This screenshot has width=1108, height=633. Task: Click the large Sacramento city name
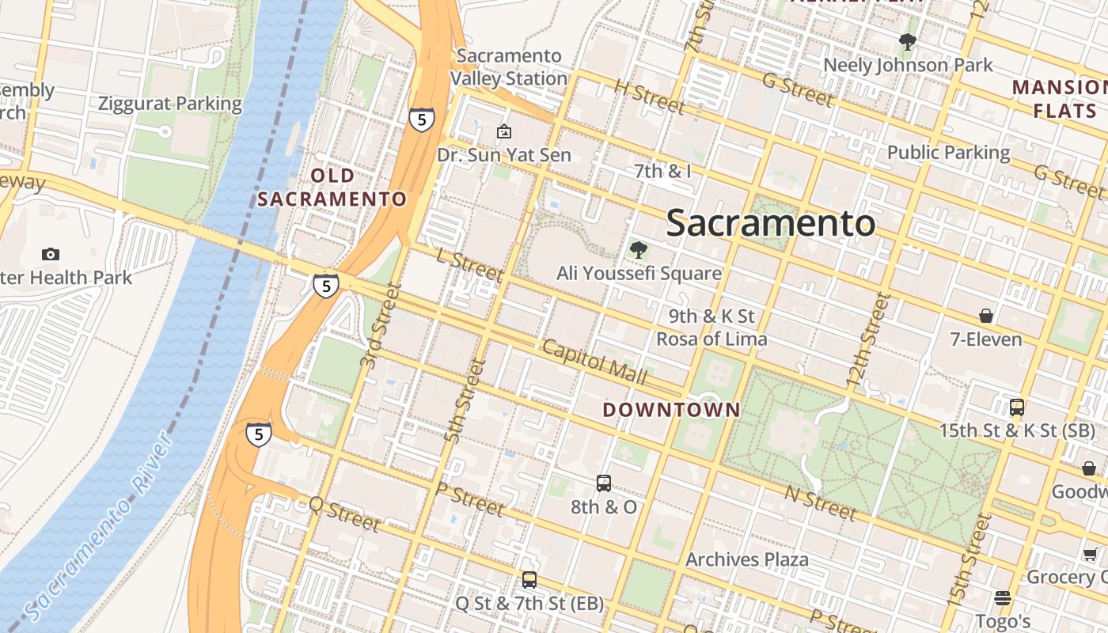(x=771, y=223)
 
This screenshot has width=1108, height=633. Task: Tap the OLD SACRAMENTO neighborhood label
(x=332, y=188)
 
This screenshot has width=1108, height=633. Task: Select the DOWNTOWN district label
(x=671, y=410)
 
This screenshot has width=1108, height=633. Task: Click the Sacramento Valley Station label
(x=509, y=67)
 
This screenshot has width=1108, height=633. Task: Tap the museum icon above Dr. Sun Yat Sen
(x=504, y=131)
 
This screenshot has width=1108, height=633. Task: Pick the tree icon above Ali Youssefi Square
(x=638, y=251)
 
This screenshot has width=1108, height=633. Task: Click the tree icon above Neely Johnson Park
(x=907, y=42)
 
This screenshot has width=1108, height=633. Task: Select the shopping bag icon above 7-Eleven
(x=986, y=316)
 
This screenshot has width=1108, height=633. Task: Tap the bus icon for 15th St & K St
(x=1017, y=408)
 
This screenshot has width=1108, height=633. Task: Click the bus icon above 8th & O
(x=604, y=483)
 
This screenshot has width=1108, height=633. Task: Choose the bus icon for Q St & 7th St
(x=529, y=580)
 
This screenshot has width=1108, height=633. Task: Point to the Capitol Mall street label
(x=594, y=362)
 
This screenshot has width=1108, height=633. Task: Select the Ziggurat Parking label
(x=170, y=104)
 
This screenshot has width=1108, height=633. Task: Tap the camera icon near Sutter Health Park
(x=51, y=254)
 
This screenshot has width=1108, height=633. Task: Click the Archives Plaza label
(x=747, y=560)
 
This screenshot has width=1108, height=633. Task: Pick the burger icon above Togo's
(x=1003, y=597)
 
